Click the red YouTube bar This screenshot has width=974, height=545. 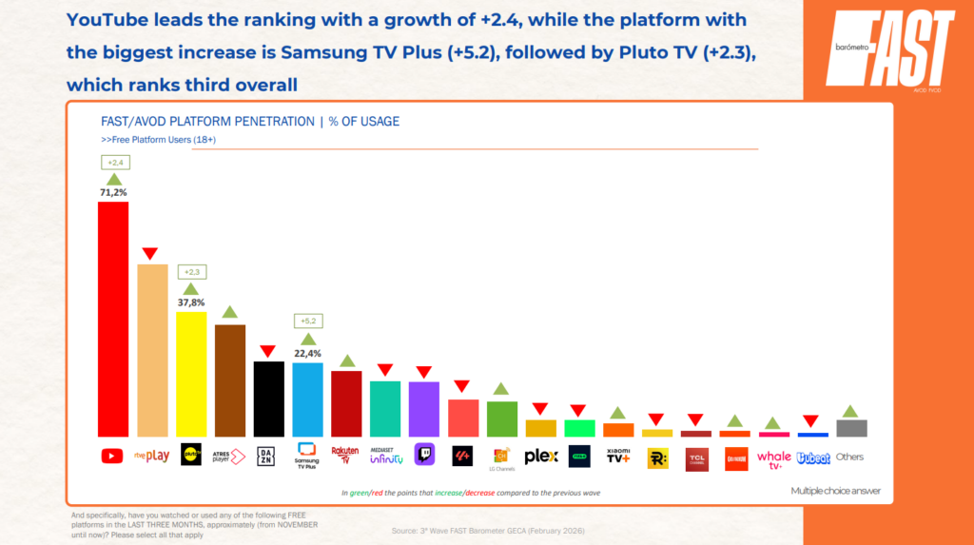[x=113, y=319]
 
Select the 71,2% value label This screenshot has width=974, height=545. [x=113, y=192]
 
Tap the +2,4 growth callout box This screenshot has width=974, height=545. [x=113, y=163]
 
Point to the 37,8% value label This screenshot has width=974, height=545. [x=191, y=302]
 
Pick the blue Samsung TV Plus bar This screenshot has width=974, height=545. [x=307, y=399]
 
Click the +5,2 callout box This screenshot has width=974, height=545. [x=307, y=321]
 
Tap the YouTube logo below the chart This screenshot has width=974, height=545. [x=113, y=457]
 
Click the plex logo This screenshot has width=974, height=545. [x=540, y=457]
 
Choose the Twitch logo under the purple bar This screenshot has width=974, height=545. [x=423, y=457]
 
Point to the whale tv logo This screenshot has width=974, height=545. [x=774, y=458]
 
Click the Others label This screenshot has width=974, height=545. [x=850, y=457]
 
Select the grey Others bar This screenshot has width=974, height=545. [x=850, y=428]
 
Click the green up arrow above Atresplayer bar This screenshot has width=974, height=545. [x=229, y=312]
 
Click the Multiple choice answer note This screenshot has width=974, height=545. [x=835, y=491]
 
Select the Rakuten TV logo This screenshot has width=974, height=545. [x=345, y=456]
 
